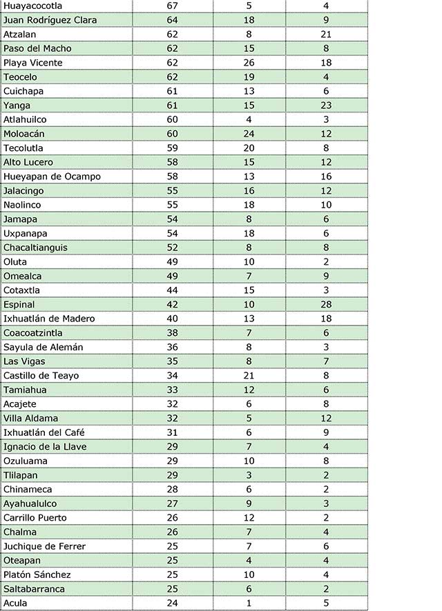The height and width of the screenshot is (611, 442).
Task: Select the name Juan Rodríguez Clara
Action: tap(50, 20)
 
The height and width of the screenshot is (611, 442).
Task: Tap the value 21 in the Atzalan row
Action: tap(326, 34)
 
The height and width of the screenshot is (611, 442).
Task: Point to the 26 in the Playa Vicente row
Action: tap(249, 63)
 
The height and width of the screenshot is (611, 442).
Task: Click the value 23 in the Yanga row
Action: tap(326, 106)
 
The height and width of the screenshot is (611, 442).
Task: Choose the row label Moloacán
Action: tap(28, 134)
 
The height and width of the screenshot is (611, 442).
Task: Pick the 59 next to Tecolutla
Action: tap(173, 148)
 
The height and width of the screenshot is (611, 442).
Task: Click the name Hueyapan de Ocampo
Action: tap(52, 177)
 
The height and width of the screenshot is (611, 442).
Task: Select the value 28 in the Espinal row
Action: tap(326, 304)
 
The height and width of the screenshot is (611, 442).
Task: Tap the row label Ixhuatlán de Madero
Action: tap(49, 319)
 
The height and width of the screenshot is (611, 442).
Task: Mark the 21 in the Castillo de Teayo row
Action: tap(249, 375)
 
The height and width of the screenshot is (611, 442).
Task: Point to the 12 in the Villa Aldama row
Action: tap(326, 418)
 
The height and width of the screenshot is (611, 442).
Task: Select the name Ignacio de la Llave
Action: tap(45, 446)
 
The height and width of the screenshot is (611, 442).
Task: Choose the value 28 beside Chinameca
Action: tap(173, 489)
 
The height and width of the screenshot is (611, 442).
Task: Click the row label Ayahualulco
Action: tap(30, 503)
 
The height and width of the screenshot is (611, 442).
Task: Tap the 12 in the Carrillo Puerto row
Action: tap(249, 517)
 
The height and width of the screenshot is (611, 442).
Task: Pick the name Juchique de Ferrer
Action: tap(44, 546)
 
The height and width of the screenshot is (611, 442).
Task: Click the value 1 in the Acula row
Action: tap(249, 603)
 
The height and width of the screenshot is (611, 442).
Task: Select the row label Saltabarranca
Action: tap(34, 588)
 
